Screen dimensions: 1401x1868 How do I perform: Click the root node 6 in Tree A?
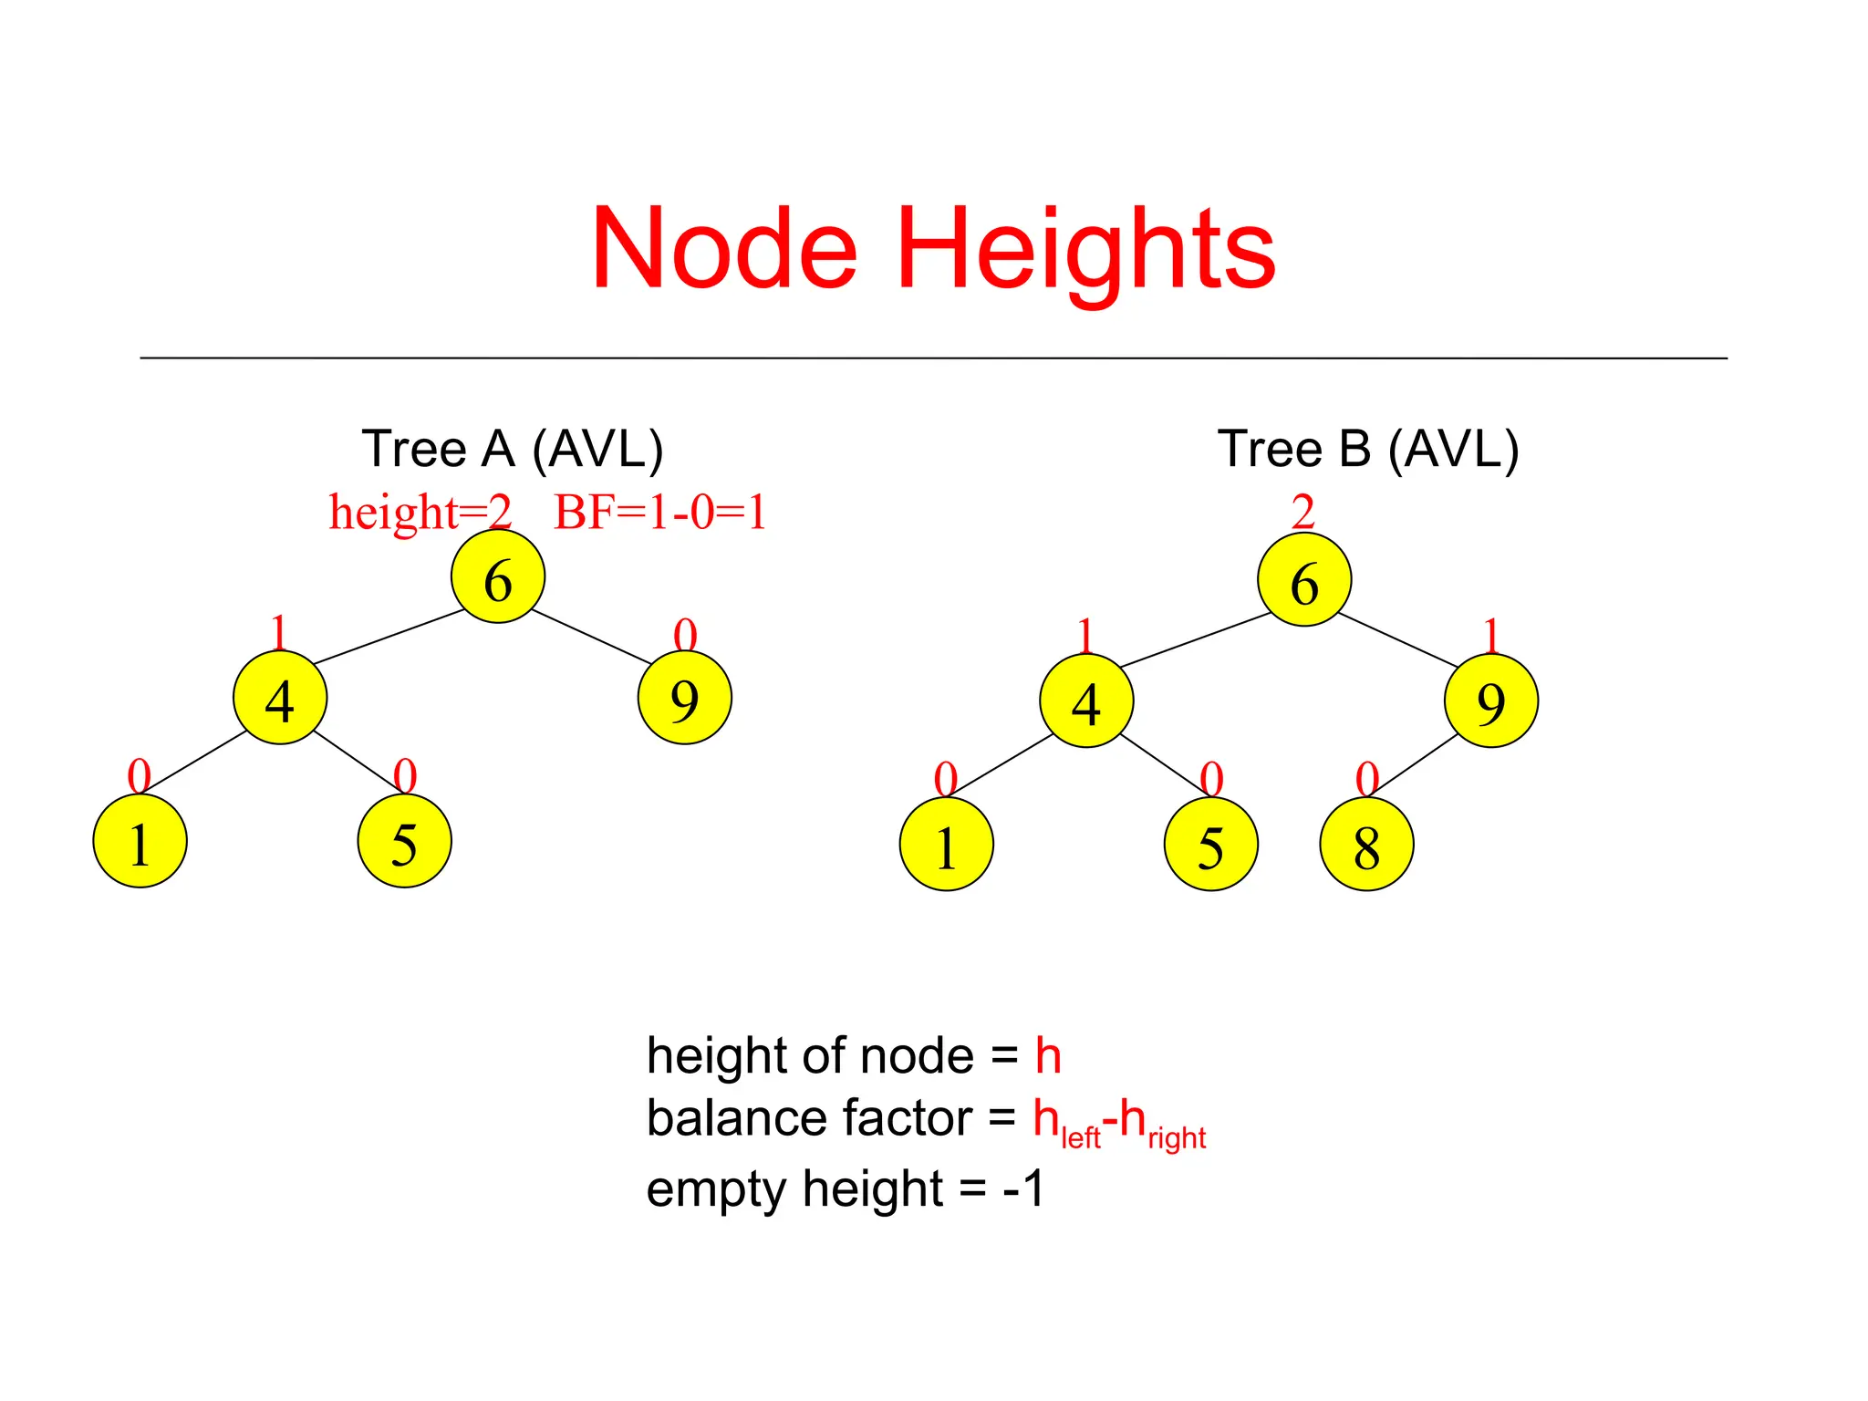[x=498, y=576]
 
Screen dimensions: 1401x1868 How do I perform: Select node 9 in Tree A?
[x=684, y=698]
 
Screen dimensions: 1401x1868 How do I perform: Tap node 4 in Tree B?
[x=1086, y=701]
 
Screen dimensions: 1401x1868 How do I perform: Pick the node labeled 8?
[x=1366, y=845]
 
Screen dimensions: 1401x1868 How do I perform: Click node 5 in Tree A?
[x=404, y=841]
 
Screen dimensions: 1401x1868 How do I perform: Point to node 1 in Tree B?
[x=946, y=845]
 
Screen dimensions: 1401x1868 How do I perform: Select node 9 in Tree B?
[x=1490, y=701]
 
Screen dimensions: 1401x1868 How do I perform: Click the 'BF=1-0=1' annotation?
[x=659, y=512]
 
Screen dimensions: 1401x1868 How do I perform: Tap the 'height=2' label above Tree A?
[x=420, y=512]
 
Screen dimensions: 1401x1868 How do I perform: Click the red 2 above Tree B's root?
[x=1303, y=512]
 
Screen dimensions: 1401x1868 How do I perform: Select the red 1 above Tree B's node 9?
[x=1490, y=635]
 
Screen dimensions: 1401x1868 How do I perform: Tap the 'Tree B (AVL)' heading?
[x=1367, y=449]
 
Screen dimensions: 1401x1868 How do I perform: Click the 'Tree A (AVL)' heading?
[x=513, y=449]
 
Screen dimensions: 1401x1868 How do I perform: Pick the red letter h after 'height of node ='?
[x=1048, y=1056]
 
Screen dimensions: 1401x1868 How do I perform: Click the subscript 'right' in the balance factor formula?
[x=1177, y=1137]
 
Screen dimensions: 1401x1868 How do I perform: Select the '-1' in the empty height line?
[x=1023, y=1188]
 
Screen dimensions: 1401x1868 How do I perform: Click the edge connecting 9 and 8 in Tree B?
[x=1417, y=763]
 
